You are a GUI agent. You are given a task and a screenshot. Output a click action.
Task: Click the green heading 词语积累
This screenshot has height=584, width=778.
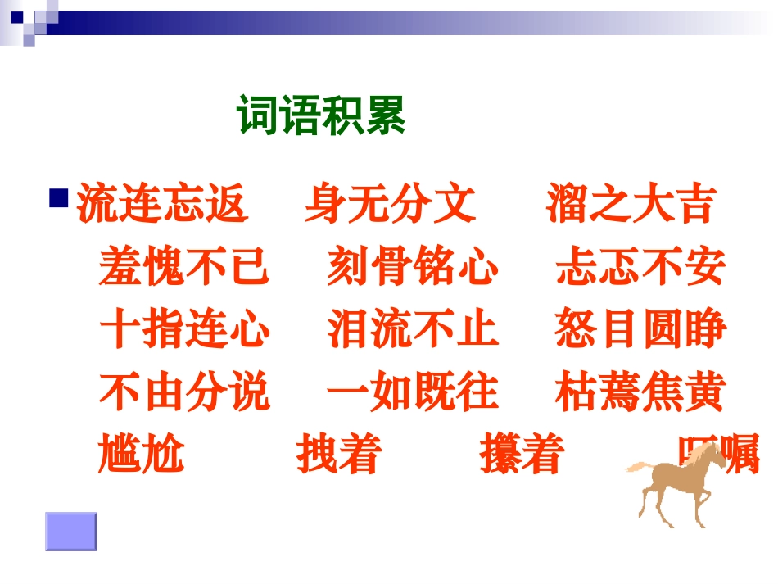[321, 116]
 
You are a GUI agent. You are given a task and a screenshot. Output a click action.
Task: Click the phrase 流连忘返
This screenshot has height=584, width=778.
[162, 205]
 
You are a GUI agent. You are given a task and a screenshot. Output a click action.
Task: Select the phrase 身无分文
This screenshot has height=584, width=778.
[390, 205]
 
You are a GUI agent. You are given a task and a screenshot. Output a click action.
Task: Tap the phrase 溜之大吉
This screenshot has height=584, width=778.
[630, 205]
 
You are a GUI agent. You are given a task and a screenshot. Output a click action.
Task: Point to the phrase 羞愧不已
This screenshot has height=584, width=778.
[184, 267]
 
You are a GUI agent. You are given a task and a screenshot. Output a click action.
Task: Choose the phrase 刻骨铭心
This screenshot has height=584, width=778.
[413, 267]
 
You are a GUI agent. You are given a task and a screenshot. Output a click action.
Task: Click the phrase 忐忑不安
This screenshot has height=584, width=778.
[640, 267]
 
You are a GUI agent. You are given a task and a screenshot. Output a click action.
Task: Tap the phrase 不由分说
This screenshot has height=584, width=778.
[184, 392]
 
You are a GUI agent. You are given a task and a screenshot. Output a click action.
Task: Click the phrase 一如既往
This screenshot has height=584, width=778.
[413, 392]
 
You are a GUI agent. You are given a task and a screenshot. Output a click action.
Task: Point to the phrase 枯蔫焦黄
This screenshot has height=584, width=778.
[640, 392]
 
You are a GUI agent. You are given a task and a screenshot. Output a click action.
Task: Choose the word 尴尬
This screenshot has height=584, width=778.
[141, 455]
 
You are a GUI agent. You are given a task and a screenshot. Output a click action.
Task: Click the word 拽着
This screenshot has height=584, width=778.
[338, 455]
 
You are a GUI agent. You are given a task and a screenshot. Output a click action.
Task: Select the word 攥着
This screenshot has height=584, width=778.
[522, 455]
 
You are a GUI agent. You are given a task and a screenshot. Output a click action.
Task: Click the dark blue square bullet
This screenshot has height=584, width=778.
[59, 197]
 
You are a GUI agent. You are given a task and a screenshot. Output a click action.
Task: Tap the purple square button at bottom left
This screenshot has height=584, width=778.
[70, 531]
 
